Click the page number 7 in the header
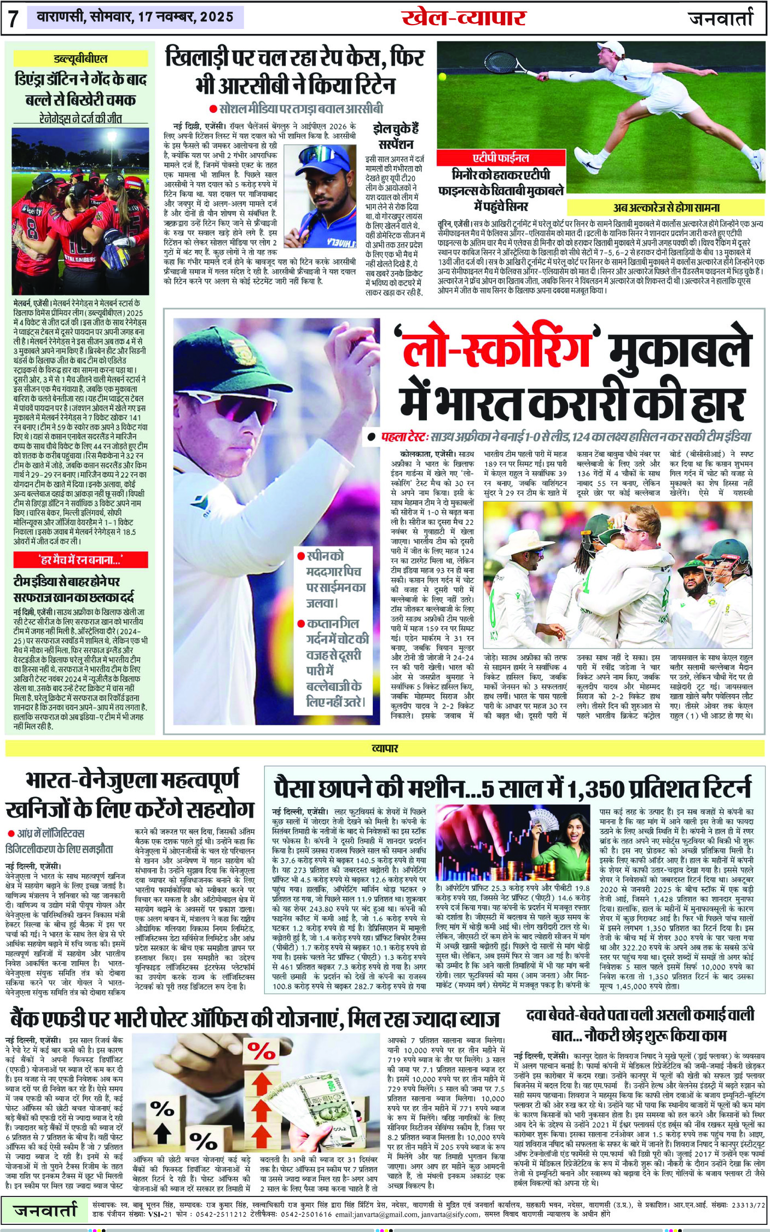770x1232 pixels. [x=13, y=18]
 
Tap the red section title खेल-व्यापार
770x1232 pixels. [x=464, y=18]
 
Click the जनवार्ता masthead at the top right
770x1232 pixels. [x=721, y=18]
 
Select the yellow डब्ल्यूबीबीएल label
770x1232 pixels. [x=80, y=59]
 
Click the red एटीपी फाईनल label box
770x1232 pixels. [x=500, y=158]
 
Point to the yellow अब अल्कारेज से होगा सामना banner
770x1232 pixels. [x=666, y=208]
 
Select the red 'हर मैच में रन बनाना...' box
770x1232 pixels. [x=80, y=560]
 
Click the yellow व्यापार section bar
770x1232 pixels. [x=385, y=748]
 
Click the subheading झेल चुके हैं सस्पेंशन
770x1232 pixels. [x=395, y=137]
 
